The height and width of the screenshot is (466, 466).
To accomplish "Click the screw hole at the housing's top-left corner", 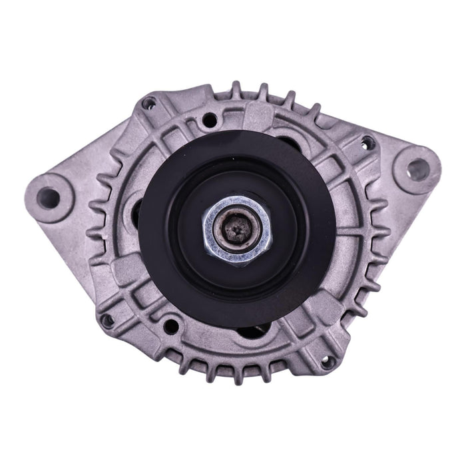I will pyautogui.click(x=150, y=103).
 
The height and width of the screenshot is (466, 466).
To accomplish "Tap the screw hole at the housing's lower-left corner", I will pyautogui.click(x=107, y=320).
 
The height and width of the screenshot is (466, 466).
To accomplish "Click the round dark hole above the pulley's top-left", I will pyautogui.click(x=209, y=120).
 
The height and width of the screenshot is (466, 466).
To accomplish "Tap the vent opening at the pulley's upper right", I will pyautogui.click(x=288, y=142).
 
